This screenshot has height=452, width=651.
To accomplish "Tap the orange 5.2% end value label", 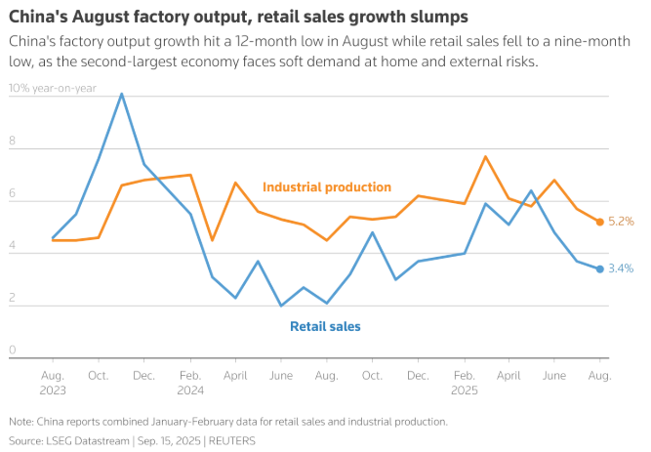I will point(622,222).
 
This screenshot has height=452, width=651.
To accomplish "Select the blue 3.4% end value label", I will point(622,268).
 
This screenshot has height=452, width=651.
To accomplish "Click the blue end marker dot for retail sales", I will point(599,268).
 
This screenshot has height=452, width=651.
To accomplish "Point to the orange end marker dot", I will point(599,222).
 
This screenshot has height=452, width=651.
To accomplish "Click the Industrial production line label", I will point(327,186).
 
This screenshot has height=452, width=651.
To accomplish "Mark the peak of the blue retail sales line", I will point(121,94).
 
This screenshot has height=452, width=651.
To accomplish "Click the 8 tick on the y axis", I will point(13,142).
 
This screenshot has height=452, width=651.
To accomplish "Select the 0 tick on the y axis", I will point(13,349).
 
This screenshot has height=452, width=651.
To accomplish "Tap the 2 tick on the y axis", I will point(13,298).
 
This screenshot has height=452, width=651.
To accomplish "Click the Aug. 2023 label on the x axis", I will point(53,381).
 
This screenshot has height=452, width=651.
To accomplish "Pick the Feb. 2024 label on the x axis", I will point(190,381).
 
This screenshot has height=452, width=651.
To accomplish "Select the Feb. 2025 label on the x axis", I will point(466,381).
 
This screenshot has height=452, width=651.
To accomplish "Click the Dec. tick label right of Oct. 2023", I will point(143,375).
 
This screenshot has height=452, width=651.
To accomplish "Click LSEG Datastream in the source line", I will point(88,441).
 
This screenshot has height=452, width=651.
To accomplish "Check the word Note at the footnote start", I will point(20,422).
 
